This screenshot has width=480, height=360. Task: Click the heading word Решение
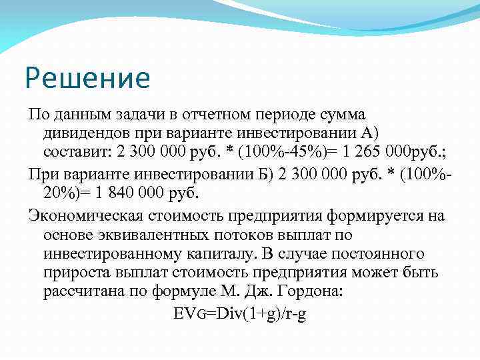[88, 79]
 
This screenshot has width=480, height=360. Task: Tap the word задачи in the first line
[129, 116]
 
